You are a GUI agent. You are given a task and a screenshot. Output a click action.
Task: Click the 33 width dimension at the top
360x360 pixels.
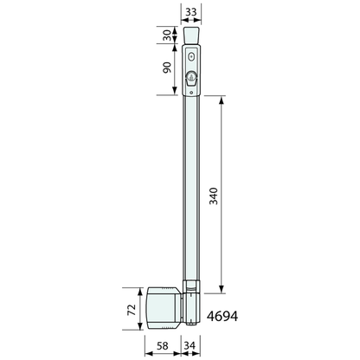pyautogui.click(x=191, y=10)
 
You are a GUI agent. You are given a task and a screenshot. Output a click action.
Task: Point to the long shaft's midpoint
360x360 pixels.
pyautogui.click(x=191, y=190)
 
